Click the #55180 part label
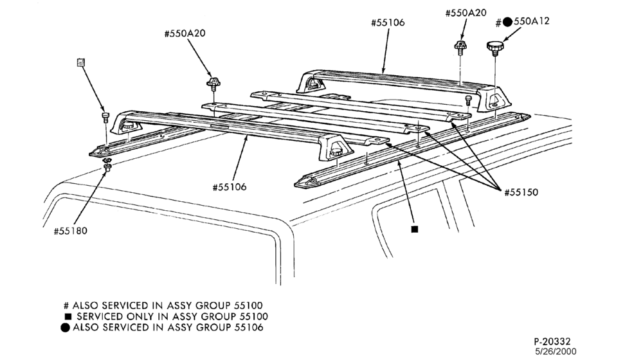pyautogui.click(x=71, y=231)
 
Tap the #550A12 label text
pyautogui.click(x=522, y=22)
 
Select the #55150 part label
pyautogui.click(x=521, y=192)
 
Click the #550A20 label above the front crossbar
pyautogui.click(x=185, y=33)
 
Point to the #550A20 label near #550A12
pyautogui.click(x=466, y=13)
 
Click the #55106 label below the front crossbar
pyautogui.click(x=230, y=187)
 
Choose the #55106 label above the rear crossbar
pyautogui.click(x=388, y=22)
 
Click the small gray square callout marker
pyautogui.click(x=81, y=62)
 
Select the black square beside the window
pyautogui.click(x=415, y=230)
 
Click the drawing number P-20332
pyautogui.click(x=552, y=341)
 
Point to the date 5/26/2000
pyautogui.click(x=556, y=352)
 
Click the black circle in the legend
pyautogui.click(x=65, y=328)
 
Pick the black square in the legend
pyautogui.click(x=68, y=316)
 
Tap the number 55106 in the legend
pyautogui.click(x=249, y=328)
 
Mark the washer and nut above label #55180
pyautogui.click(x=108, y=163)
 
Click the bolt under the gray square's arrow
pyautogui.click(x=105, y=117)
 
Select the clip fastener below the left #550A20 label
pyautogui.click(x=213, y=84)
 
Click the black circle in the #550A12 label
pyautogui.click(x=508, y=22)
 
